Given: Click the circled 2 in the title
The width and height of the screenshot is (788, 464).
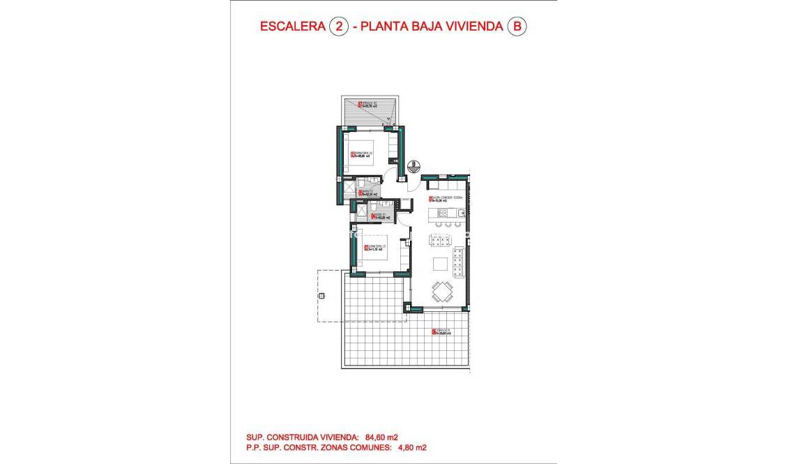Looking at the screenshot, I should pos(338,27).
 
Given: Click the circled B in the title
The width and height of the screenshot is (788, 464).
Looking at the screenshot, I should pos(517,27).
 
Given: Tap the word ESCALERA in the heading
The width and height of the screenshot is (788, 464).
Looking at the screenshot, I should pos(291,27).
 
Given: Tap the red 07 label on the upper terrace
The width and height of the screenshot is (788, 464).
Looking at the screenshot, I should pos(360,105).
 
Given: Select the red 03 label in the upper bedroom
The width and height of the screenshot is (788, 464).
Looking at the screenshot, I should pos(352,155).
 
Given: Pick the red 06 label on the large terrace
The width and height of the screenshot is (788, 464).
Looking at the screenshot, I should pos(434,332).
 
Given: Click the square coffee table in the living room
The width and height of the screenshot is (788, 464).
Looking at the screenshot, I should pos(441,264).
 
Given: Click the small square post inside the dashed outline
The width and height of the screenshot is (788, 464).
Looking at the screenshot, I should pos(321,297).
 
